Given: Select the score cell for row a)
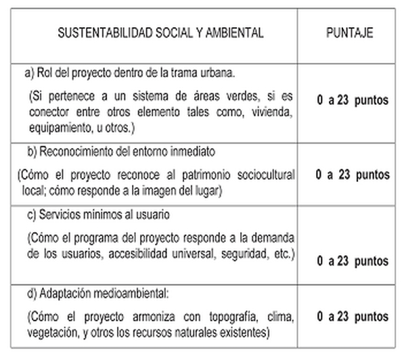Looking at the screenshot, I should point(352,100).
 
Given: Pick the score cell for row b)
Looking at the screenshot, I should point(352,175).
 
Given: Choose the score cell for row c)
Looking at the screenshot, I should point(352,260).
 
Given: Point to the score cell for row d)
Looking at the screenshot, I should point(352,316).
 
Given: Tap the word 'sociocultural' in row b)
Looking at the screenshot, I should point(264,175).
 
